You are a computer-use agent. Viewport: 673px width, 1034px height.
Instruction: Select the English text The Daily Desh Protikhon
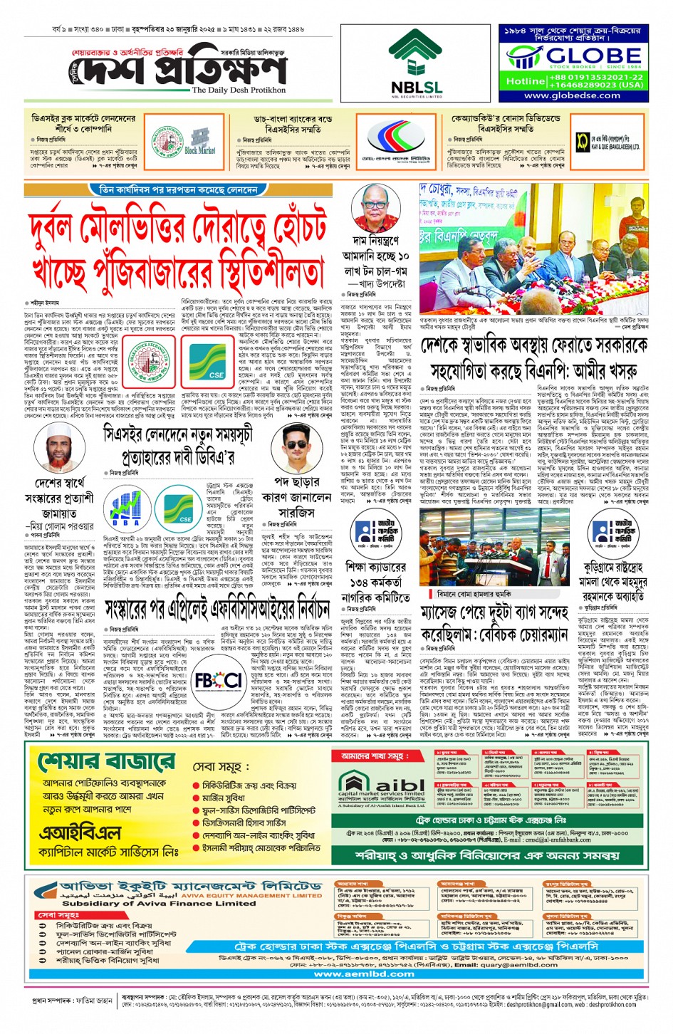239,90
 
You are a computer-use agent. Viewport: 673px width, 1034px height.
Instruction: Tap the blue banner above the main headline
178,190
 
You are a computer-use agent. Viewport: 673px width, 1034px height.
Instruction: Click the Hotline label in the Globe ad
526,81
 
